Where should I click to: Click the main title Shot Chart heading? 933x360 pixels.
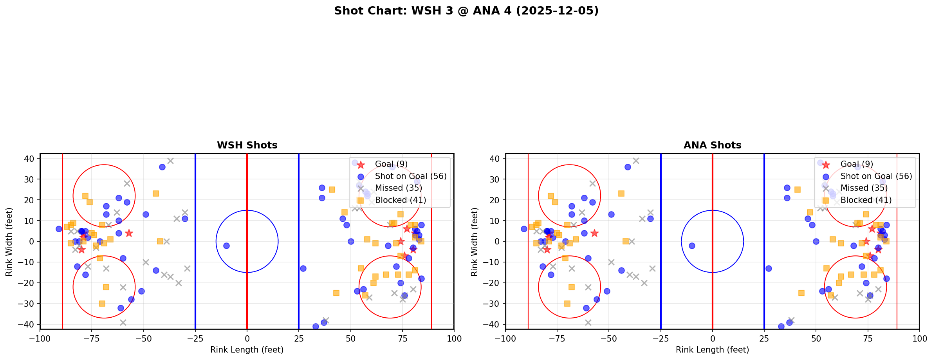tap(466, 11)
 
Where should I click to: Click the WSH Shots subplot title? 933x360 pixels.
tap(247, 145)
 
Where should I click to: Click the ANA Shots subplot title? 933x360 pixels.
tap(712, 145)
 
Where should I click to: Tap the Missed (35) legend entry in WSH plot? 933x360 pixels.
tap(398, 188)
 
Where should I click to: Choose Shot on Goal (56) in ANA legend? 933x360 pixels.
tap(876, 176)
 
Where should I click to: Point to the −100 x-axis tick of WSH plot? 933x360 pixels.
tap(40, 338)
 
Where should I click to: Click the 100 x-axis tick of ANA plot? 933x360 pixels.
tap(919, 338)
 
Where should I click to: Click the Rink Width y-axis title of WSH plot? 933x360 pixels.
tap(9, 241)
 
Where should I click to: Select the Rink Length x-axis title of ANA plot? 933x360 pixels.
tap(712, 350)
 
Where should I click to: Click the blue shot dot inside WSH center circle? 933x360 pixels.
tap(226, 246)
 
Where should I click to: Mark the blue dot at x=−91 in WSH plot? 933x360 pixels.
tap(59, 229)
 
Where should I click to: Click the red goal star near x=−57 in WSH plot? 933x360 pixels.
tap(129, 233)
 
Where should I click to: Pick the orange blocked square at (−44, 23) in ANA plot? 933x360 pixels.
tap(621, 194)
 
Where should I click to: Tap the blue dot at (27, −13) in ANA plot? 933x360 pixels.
tap(768, 268)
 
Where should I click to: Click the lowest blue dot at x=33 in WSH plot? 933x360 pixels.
tap(316, 326)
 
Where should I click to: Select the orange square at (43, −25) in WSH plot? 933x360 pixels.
tap(336, 293)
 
